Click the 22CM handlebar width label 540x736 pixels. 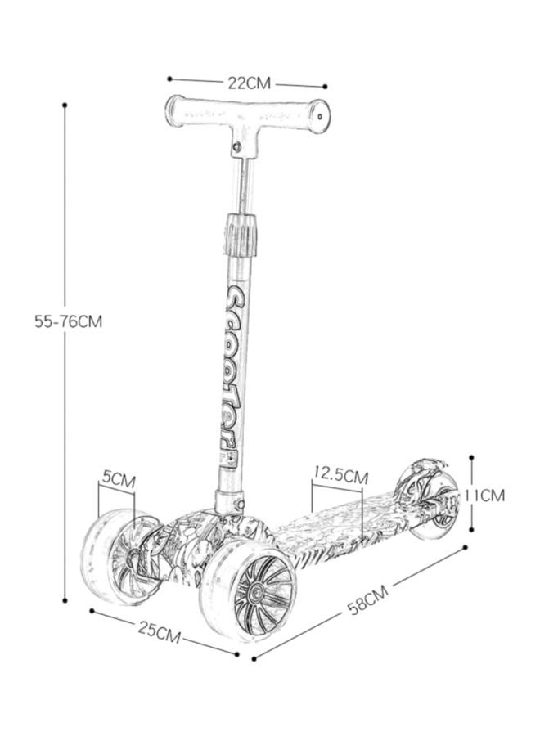249,83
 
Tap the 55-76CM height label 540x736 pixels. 69,321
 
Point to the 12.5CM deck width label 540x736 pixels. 340,475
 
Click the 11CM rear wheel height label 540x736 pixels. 484,495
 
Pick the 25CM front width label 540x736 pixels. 159,631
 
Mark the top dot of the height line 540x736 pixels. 65,105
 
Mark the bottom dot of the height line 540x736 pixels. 65,599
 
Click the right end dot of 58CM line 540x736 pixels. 466,548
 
